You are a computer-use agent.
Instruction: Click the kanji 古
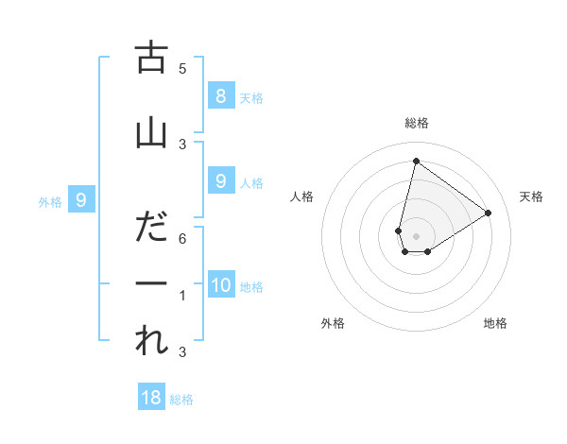(x=151, y=58)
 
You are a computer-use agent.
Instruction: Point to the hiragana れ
(x=151, y=341)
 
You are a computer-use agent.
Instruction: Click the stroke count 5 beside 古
(x=182, y=69)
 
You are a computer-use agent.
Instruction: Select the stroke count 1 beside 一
(x=182, y=296)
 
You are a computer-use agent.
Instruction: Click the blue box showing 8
(x=220, y=96)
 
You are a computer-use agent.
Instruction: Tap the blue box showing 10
(x=221, y=285)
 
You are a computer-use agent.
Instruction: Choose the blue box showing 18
(x=151, y=398)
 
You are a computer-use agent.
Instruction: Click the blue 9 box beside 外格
(x=81, y=200)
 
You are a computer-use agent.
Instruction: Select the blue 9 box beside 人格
(x=220, y=181)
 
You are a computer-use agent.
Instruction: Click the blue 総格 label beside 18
(x=181, y=400)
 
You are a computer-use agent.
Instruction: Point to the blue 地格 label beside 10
(x=251, y=287)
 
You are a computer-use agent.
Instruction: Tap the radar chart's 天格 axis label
(x=532, y=196)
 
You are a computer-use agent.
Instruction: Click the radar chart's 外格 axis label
(x=333, y=323)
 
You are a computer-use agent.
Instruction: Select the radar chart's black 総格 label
(x=417, y=123)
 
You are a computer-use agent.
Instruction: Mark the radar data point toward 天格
(x=489, y=213)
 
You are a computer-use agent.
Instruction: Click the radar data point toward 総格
(x=416, y=162)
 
